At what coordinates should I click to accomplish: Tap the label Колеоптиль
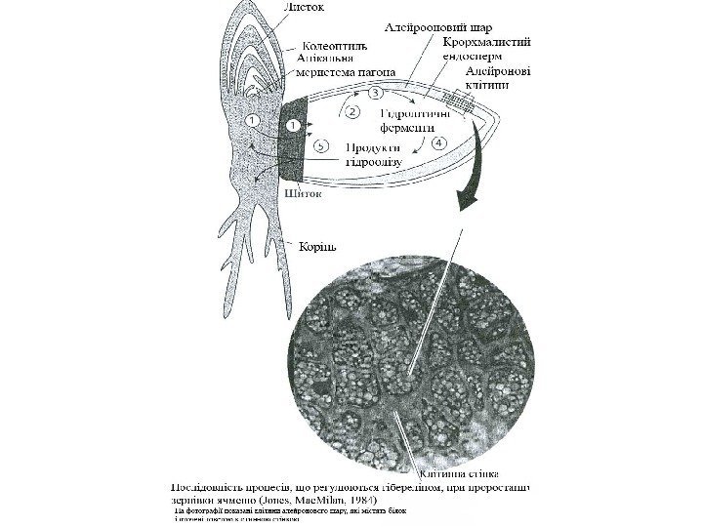click(x=333, y=44)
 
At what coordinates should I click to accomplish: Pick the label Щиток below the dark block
click(x=304, y=192)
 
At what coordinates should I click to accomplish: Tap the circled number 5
click(x=327, y=145)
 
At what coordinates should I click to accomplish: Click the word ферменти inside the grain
click(x=407, y=127)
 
